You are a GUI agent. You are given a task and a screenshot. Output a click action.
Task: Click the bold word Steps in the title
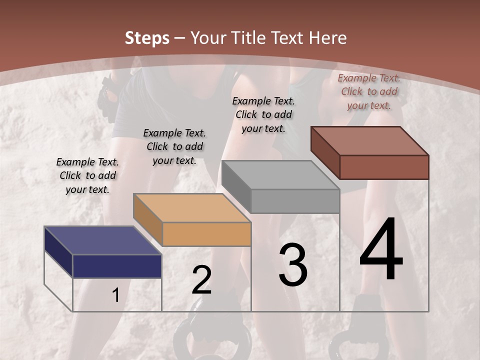tap(147, 38)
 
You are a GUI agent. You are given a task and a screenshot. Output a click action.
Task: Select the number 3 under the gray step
tap(293, 265)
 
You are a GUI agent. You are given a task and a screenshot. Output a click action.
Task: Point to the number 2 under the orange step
tap(201, 280)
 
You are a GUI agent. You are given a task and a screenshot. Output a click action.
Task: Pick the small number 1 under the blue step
tap(115, 295)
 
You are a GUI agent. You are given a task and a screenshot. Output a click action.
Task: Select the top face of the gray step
tap(280, 175)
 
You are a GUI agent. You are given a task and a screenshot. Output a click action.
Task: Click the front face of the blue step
tap(117, 266)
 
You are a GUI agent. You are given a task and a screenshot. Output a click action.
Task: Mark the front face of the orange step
tap(206, 234)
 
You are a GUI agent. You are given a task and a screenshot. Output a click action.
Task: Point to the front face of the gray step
tap(295, 201)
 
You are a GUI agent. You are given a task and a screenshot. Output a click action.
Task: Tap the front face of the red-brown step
tap(384, 167)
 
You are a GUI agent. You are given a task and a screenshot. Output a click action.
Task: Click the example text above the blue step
tap(87, 175)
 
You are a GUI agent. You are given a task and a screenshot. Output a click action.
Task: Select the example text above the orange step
tap(174, 146)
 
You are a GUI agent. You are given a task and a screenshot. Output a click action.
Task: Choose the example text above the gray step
tap(263, 114)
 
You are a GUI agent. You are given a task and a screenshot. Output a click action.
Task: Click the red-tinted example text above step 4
tap(369, 91)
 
